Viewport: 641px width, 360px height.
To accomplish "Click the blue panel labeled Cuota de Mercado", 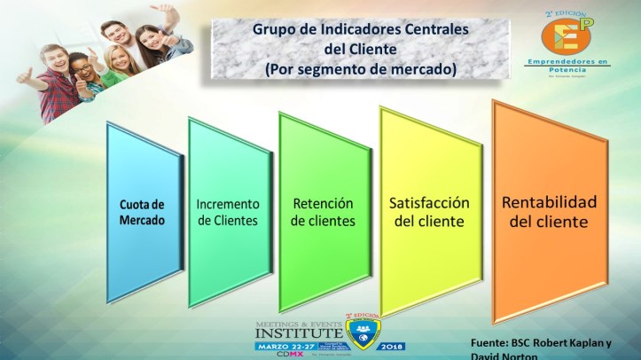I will click(143, 213).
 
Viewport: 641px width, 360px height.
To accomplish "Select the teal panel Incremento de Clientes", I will click(228, 212).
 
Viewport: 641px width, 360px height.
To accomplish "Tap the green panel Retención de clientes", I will click(322, 212).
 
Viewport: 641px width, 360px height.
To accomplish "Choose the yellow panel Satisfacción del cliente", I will click(429, 211).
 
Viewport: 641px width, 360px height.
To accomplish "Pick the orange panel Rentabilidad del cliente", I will click(549, 211).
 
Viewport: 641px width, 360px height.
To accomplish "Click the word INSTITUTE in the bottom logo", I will click(296, 333).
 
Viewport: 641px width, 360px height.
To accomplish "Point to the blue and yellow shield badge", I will click(360, 336).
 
